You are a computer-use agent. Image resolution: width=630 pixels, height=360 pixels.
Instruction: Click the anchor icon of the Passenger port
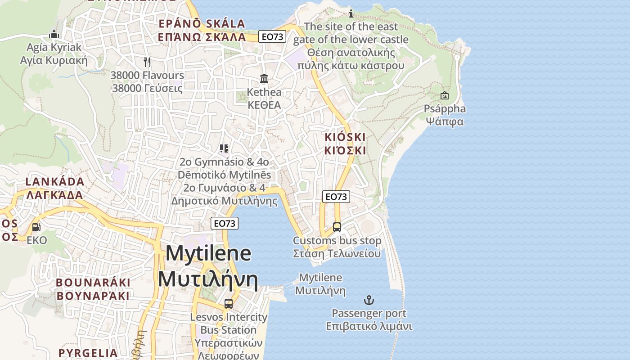pyautogui.click(x=369, y=300)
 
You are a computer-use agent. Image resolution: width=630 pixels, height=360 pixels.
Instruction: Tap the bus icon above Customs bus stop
pyautogui.click(x=337, y=227)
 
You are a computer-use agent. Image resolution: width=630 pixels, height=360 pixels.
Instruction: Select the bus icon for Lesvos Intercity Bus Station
pyautogui.click(x=229, y=304)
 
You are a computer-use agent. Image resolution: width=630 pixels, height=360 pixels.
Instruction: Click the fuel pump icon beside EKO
pyautogui.click(x=36, y=227)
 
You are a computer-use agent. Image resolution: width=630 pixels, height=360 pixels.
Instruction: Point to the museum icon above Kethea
pyautogui.click(x=264, y=79)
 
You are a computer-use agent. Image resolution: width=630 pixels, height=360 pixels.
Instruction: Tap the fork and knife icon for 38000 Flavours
pyautogui.click(x=147, y=62)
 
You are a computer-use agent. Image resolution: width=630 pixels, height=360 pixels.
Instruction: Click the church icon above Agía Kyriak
pyautogui.click(x=54, y=34)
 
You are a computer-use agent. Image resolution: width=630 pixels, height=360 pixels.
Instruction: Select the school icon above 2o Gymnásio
pyautogui.click(x=224, y=148)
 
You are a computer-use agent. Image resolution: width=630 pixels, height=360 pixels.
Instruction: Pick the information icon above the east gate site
pyautogui.click(x=351, y=14)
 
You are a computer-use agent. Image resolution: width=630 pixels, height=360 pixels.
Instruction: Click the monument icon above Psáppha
pyautogui.click(x=445, y=95)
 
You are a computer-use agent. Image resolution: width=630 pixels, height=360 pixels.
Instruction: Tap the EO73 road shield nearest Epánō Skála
pyautogui.click(x=272, y=37)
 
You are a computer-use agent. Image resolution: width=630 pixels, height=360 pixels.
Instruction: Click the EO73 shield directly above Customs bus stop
pyautogui.click(x=336, y=197)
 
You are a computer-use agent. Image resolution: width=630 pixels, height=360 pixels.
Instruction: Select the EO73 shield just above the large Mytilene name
pyautogui.click(x=225, y=223)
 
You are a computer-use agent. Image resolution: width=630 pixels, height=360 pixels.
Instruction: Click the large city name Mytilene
pyautogui.click(x=208, y=254)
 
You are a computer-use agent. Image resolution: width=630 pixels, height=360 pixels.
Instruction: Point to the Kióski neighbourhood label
pyautogui.click(x=345, y=144)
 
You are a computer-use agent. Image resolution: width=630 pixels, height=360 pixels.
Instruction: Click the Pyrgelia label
pyautogui.click(x=88, y=353)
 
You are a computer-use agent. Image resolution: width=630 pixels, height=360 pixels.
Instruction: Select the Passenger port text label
pyautogui.click(x=369, y=313)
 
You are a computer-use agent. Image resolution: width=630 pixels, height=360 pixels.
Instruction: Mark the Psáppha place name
pyautogui.click(x=445, y=109)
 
